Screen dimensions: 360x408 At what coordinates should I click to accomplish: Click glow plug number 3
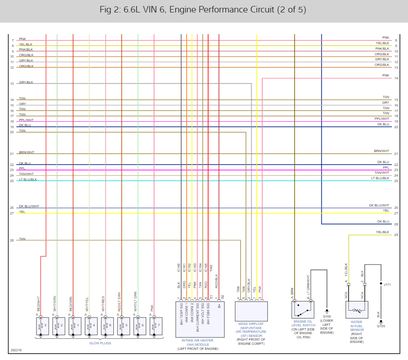pos(42,325)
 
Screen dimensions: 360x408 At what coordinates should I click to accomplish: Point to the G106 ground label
pos(327,317)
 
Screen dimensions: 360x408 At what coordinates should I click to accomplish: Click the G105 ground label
pos(381,326)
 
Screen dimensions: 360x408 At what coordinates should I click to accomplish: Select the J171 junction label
pos(387,285)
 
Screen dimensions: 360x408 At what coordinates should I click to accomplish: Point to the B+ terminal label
pos(219,305)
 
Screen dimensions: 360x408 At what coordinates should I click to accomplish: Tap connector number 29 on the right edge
pos(396,235)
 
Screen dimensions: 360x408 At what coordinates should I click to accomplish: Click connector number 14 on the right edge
pos(396,78)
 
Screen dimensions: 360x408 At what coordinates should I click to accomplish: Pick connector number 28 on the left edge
pos(12,240)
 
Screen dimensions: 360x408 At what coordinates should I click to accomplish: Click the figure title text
pos(203,10)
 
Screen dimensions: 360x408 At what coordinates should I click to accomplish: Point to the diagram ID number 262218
pos(16,350)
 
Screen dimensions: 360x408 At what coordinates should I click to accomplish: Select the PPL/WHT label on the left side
pos(26,121)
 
